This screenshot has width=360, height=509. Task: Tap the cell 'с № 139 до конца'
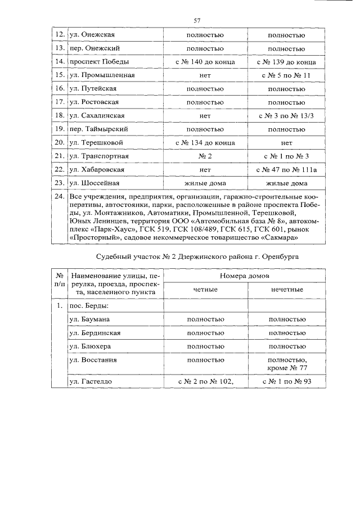(287, 61)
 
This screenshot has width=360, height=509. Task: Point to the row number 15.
(58, 75)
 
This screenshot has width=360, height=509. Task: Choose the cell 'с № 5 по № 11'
(287, 75)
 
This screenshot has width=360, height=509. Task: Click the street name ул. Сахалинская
(96, 115)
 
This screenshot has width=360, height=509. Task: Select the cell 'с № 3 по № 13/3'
(287, 115)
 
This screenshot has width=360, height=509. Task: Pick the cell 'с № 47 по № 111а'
(287, 169)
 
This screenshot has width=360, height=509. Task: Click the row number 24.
(58, 197)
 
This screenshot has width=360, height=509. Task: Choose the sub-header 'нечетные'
(287, 289)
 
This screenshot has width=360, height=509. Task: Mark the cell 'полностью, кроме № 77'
(287, 363)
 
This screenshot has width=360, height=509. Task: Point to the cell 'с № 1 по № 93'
(287, 381)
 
